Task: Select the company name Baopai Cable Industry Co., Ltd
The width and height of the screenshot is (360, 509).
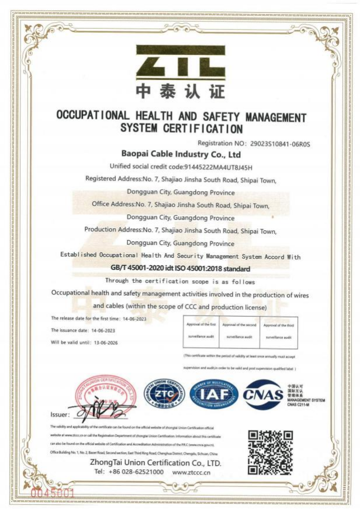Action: click(181, 154)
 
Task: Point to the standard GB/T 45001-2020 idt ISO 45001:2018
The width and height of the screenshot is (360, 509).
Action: click(180, 268)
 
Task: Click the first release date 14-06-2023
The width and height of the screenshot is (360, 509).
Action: click(134, 318)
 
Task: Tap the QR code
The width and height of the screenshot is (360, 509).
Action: click(270, 452)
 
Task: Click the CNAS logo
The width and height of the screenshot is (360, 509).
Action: click(263, 394)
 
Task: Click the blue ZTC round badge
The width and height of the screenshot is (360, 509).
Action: click(164, 394)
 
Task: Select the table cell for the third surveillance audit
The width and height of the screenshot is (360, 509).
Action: click(278, 331)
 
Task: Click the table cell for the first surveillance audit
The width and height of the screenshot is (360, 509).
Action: click(201, 331)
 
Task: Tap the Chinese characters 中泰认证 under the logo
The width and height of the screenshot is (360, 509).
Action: click(180, 91)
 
